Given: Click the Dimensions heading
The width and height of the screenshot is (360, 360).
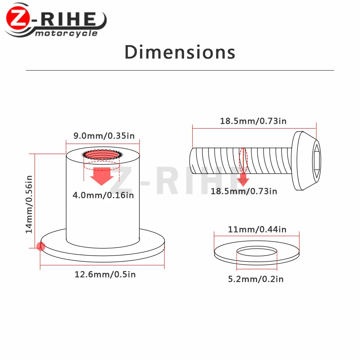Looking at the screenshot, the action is (180, 52).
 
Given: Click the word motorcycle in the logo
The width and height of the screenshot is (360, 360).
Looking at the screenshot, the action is (66, 33).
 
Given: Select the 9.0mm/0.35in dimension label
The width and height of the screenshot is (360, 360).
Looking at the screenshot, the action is (104, 136).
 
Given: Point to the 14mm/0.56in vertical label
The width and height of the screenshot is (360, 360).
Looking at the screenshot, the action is (29, 204).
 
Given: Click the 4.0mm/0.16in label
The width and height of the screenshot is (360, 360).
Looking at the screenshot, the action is (103, 195).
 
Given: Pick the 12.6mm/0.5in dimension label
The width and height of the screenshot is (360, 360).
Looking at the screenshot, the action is (105, 274).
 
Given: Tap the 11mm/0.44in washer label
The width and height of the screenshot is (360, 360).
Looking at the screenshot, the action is (257, 229).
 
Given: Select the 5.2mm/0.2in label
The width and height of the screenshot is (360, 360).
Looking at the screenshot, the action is (256, 279).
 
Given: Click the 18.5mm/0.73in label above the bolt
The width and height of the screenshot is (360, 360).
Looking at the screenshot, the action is (253, 121).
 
